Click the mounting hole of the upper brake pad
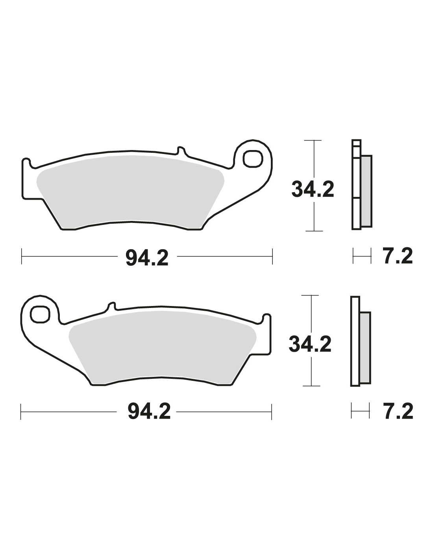[253, 159]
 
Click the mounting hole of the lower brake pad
[39, 314]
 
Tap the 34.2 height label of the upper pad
[313, 189]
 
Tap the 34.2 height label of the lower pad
[310, 344]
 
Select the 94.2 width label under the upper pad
[147, 258]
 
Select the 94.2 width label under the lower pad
[149, 412]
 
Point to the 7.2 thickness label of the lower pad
[398, 412]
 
